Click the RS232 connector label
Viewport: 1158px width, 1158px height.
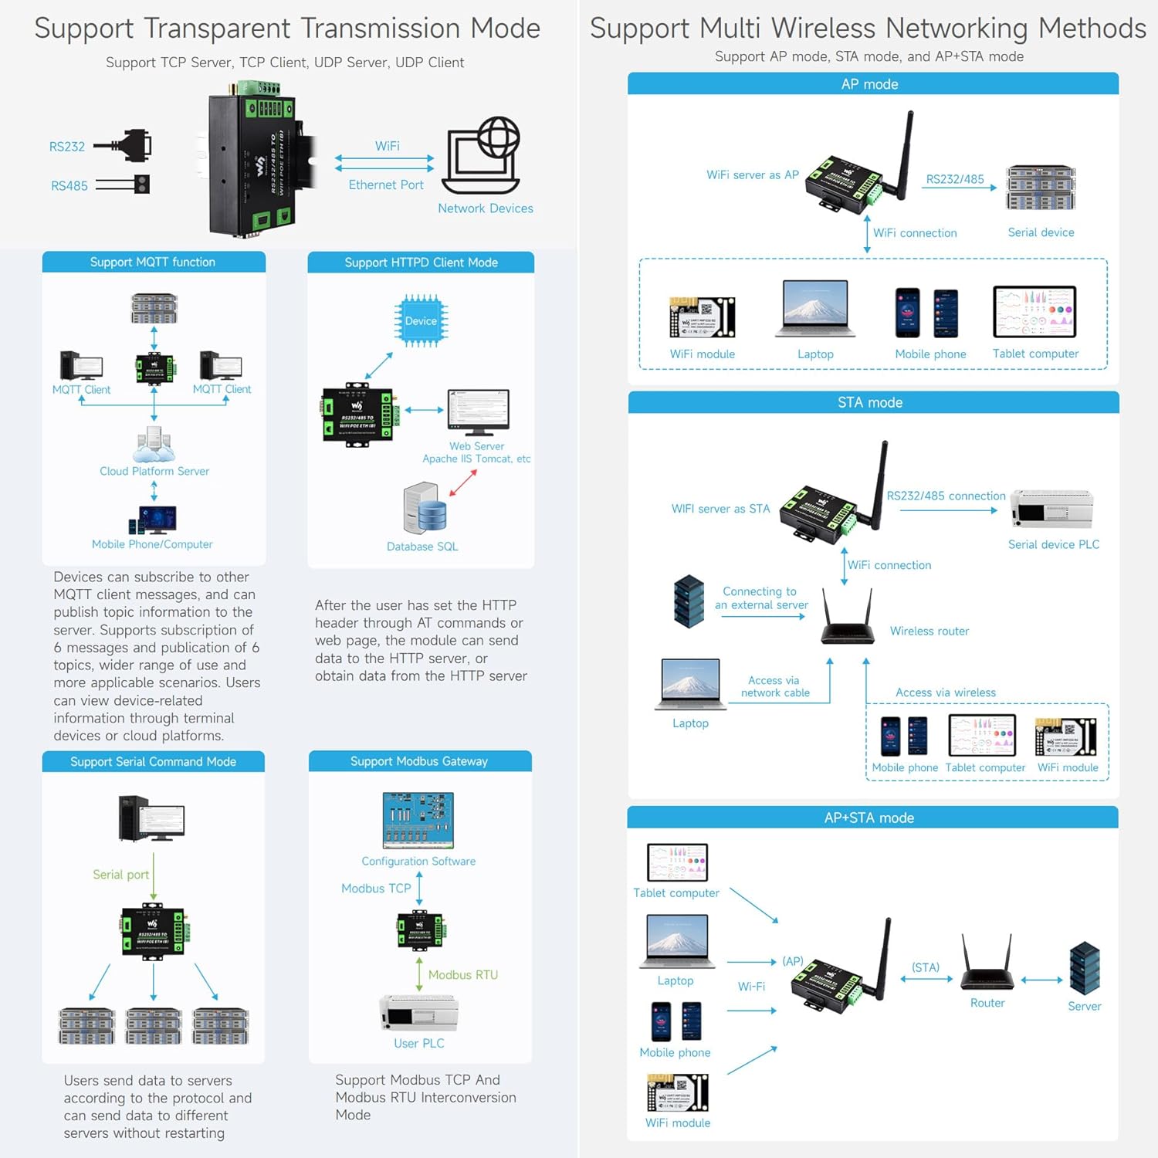(67, 147)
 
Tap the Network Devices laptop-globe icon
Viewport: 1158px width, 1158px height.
(482, 156)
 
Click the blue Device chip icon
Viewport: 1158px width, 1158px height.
(421, 320)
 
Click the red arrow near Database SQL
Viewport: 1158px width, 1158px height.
(462, 484)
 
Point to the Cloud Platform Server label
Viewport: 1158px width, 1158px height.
(154, 471)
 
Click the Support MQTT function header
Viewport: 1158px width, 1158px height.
(153, 262)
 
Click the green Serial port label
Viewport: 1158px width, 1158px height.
(120, 875)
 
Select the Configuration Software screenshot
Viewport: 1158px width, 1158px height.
(418, 820)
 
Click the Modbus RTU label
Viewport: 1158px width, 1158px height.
(463, 975)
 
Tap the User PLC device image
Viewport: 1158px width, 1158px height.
(418, 1013)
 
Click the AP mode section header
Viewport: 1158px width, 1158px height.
(870, 84)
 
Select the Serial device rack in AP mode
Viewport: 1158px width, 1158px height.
(1041, 188)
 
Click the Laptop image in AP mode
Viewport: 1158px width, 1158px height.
(815, 310)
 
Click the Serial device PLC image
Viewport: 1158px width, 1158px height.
(1052, 509)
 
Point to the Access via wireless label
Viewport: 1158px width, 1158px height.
(946, 692)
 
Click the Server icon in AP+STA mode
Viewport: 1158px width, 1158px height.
(1085, 968)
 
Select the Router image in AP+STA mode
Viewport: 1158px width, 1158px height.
(987, 965)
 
